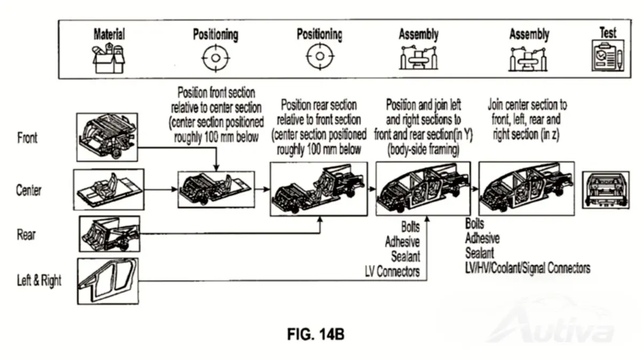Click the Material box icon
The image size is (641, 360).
click(108, 58)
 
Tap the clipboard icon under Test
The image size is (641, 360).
click(608, 56)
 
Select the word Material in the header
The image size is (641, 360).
click(110, 34)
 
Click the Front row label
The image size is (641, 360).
click(27, 138)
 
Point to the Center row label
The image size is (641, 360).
click(29, 190)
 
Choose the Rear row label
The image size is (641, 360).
click(26, 234)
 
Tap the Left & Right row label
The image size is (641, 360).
click(39, 280)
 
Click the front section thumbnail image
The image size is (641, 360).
click(107, 137)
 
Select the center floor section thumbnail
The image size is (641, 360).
click(109, 190)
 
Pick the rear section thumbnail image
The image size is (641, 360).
click(110, 234)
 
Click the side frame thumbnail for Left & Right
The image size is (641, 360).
click(108, 281)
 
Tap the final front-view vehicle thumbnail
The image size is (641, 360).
click(606, 190)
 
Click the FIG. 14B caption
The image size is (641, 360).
click(316, 334)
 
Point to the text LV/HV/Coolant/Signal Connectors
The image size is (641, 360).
click(528, 268)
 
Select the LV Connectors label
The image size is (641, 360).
click(392, 271)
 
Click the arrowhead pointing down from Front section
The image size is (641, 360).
click(216, 168)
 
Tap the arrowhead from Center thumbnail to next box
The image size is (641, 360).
click(174, 189)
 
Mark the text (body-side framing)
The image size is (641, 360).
click(424, 150)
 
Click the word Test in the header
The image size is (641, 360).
click(608, 33)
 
